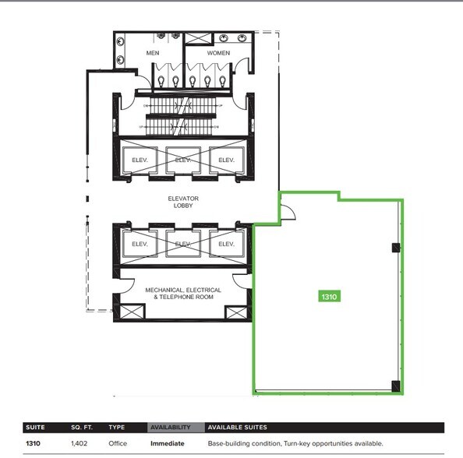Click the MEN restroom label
coord(152,53)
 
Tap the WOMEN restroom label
coord(219,53)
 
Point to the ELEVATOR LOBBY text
coord(184,202)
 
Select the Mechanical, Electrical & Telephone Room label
coord(183,294)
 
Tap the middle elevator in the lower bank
coord(183,244)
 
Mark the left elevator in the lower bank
coord(140,244)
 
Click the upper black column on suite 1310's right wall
coord(396,248)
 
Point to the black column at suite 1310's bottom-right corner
coord(396,385)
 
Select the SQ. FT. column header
coord(81,428)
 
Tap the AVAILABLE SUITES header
coord(238,428)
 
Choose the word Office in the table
coord(118,444)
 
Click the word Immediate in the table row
coord(168,444)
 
